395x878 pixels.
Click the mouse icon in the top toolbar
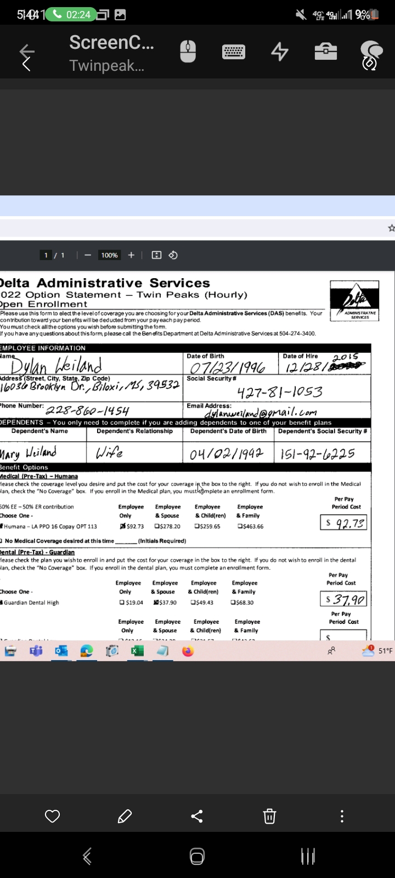[188, 52]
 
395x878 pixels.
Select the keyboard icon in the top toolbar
[234, 52]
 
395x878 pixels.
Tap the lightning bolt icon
[280, 52]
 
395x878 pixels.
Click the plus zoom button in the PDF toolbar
[131, 255]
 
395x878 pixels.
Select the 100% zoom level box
[109, 255]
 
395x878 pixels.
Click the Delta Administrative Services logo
[354, 300]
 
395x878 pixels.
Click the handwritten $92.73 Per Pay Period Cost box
[344, 523]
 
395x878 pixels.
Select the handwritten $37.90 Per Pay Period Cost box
[344, 599]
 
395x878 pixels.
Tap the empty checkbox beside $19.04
[122, 603]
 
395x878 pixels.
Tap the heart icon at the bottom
[52, 817]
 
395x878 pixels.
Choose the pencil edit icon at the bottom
[125, 817]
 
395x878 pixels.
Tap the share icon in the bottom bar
[197, 817]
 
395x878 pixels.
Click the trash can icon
[269, 817]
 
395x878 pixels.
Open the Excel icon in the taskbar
[137, 651]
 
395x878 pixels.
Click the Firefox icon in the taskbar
[188, 651]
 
